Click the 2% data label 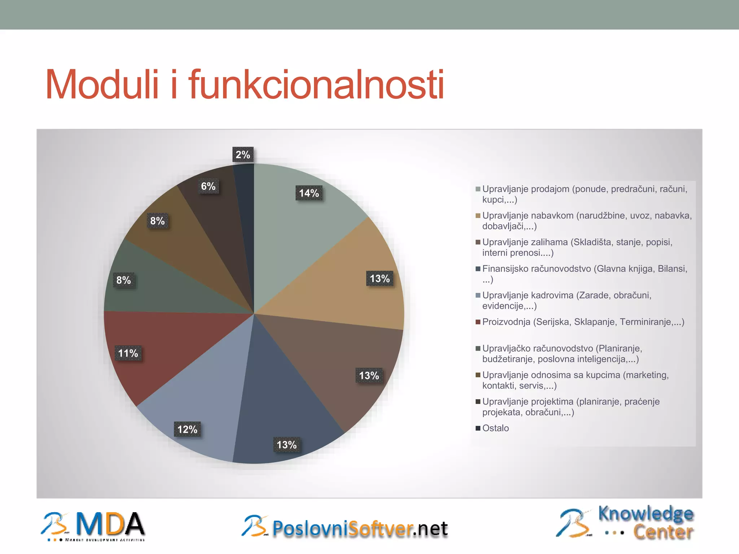pos(243,155)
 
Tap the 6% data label pos(208,186)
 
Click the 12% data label pos(187,429)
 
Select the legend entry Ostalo pos(495,428)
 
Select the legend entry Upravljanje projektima pos(570,402)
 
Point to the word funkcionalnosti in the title pos(316,85)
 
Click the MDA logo pos(94,526)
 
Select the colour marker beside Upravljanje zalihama pos(478,242)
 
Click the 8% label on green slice pos(123,280)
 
